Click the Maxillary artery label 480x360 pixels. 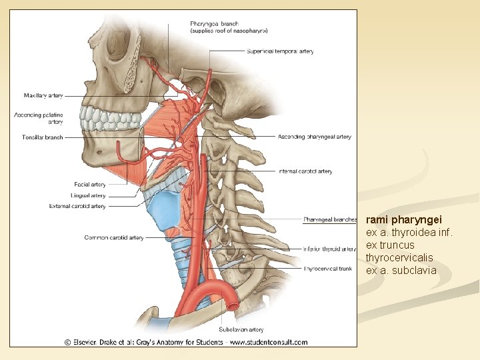[43, 96]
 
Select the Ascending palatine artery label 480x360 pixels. [39, 119]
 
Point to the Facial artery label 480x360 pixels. [90, 185]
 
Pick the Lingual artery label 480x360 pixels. [89, 195]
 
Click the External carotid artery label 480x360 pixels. [77, 207]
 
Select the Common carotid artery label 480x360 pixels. [113, 237]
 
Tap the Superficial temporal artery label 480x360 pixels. [280, 51]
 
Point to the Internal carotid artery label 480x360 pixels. [306, 171]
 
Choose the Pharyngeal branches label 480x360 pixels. [330, 219]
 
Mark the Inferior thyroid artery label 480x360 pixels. [329, 249]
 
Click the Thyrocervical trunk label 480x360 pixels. [328, 269]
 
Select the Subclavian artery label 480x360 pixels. [241, 329]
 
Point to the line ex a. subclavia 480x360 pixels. [401, 270]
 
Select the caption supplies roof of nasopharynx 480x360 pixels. [229, 31]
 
